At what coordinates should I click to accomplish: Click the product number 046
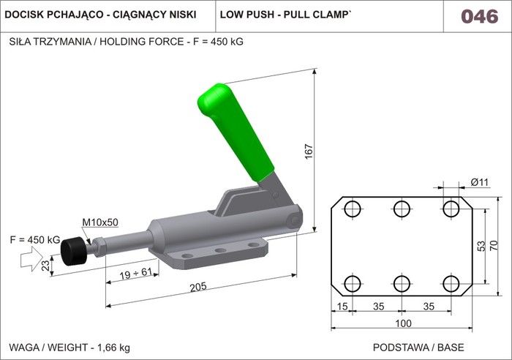pyautogui.click(x=480, y=16)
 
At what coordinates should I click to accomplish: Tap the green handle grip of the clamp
pyautogui.click(x=235, y=131)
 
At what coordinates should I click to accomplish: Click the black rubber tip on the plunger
pyautogui.click(x=74, y=252)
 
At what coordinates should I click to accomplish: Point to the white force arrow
pyautogui.click(x=31, y=259)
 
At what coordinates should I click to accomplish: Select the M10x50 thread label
pyautogui.click(x=100, y=222)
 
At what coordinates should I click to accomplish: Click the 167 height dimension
pyautogui.click(x=309, y=151)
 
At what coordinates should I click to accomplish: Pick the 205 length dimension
pyautogui.click(x=198, y=287)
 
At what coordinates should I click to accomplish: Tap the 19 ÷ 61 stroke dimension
pyautogui.click(x=135, y=274)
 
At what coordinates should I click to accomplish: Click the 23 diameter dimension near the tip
pyautogui.click(x=46, y=266)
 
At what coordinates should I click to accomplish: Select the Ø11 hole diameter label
pyautogui.click(x=480, y=182)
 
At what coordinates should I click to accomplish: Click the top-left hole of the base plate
pyautogui.click(x=353, y=209)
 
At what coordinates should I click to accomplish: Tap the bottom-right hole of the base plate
pyautogui.click(x=451, y=284)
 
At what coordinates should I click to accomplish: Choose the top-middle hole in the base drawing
pyautogui.click(x=402, y=209)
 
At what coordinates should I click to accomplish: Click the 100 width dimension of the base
pyautogui.click(x=403, y=323)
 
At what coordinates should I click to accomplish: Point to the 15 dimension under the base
pyautogui.click(x=342, y=307)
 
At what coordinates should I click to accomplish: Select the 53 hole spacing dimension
pyautogui.click(x=481, y=246)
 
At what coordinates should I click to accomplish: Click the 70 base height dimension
pyautogui.click(x=494, y=245)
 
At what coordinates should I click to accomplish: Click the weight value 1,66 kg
pyautogui.click(x=113, y=348)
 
